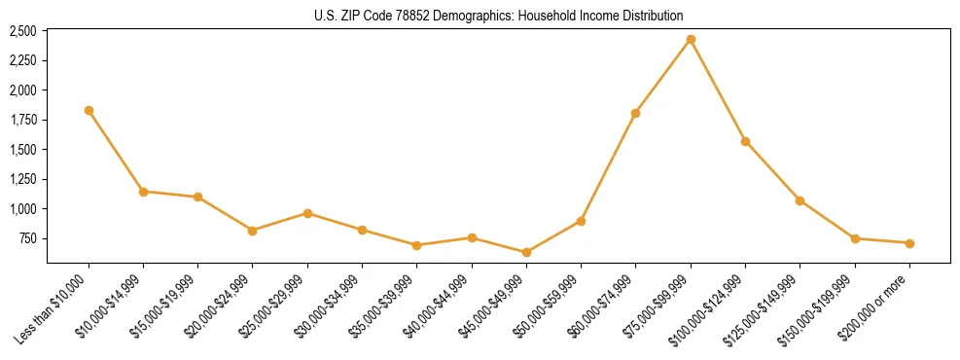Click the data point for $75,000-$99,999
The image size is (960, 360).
click(691, 40)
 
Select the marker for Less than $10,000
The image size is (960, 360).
click(89, 111)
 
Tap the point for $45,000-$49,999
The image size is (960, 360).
click(526, 252)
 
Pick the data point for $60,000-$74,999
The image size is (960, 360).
click(635, 113)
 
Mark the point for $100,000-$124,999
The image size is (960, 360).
click(745, 141)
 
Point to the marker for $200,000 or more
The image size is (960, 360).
click(909, 243)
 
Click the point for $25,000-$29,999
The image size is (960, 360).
click(307, 213)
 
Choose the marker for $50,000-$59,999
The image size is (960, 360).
click(581, 221)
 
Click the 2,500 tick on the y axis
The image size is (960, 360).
click(22, 31)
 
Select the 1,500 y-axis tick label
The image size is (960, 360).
click(22, 150)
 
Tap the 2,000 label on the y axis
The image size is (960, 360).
click(22, 90)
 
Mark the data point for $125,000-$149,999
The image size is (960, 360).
click(800, 200)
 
